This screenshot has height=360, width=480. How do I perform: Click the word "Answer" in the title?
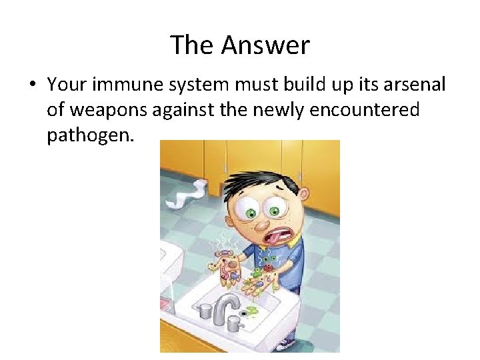click(265, 45)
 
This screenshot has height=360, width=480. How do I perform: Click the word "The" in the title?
click(193, 45)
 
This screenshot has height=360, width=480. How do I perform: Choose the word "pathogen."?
click(91, 135)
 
